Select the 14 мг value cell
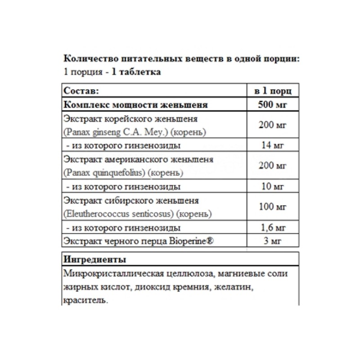pos(274,145)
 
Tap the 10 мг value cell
pos(274,186)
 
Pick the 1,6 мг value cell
pos(274,227)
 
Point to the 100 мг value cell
pos(274,207)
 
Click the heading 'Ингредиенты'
pos(95,260)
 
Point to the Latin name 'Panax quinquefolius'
pos(106,173)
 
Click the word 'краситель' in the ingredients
pos(86,301)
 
